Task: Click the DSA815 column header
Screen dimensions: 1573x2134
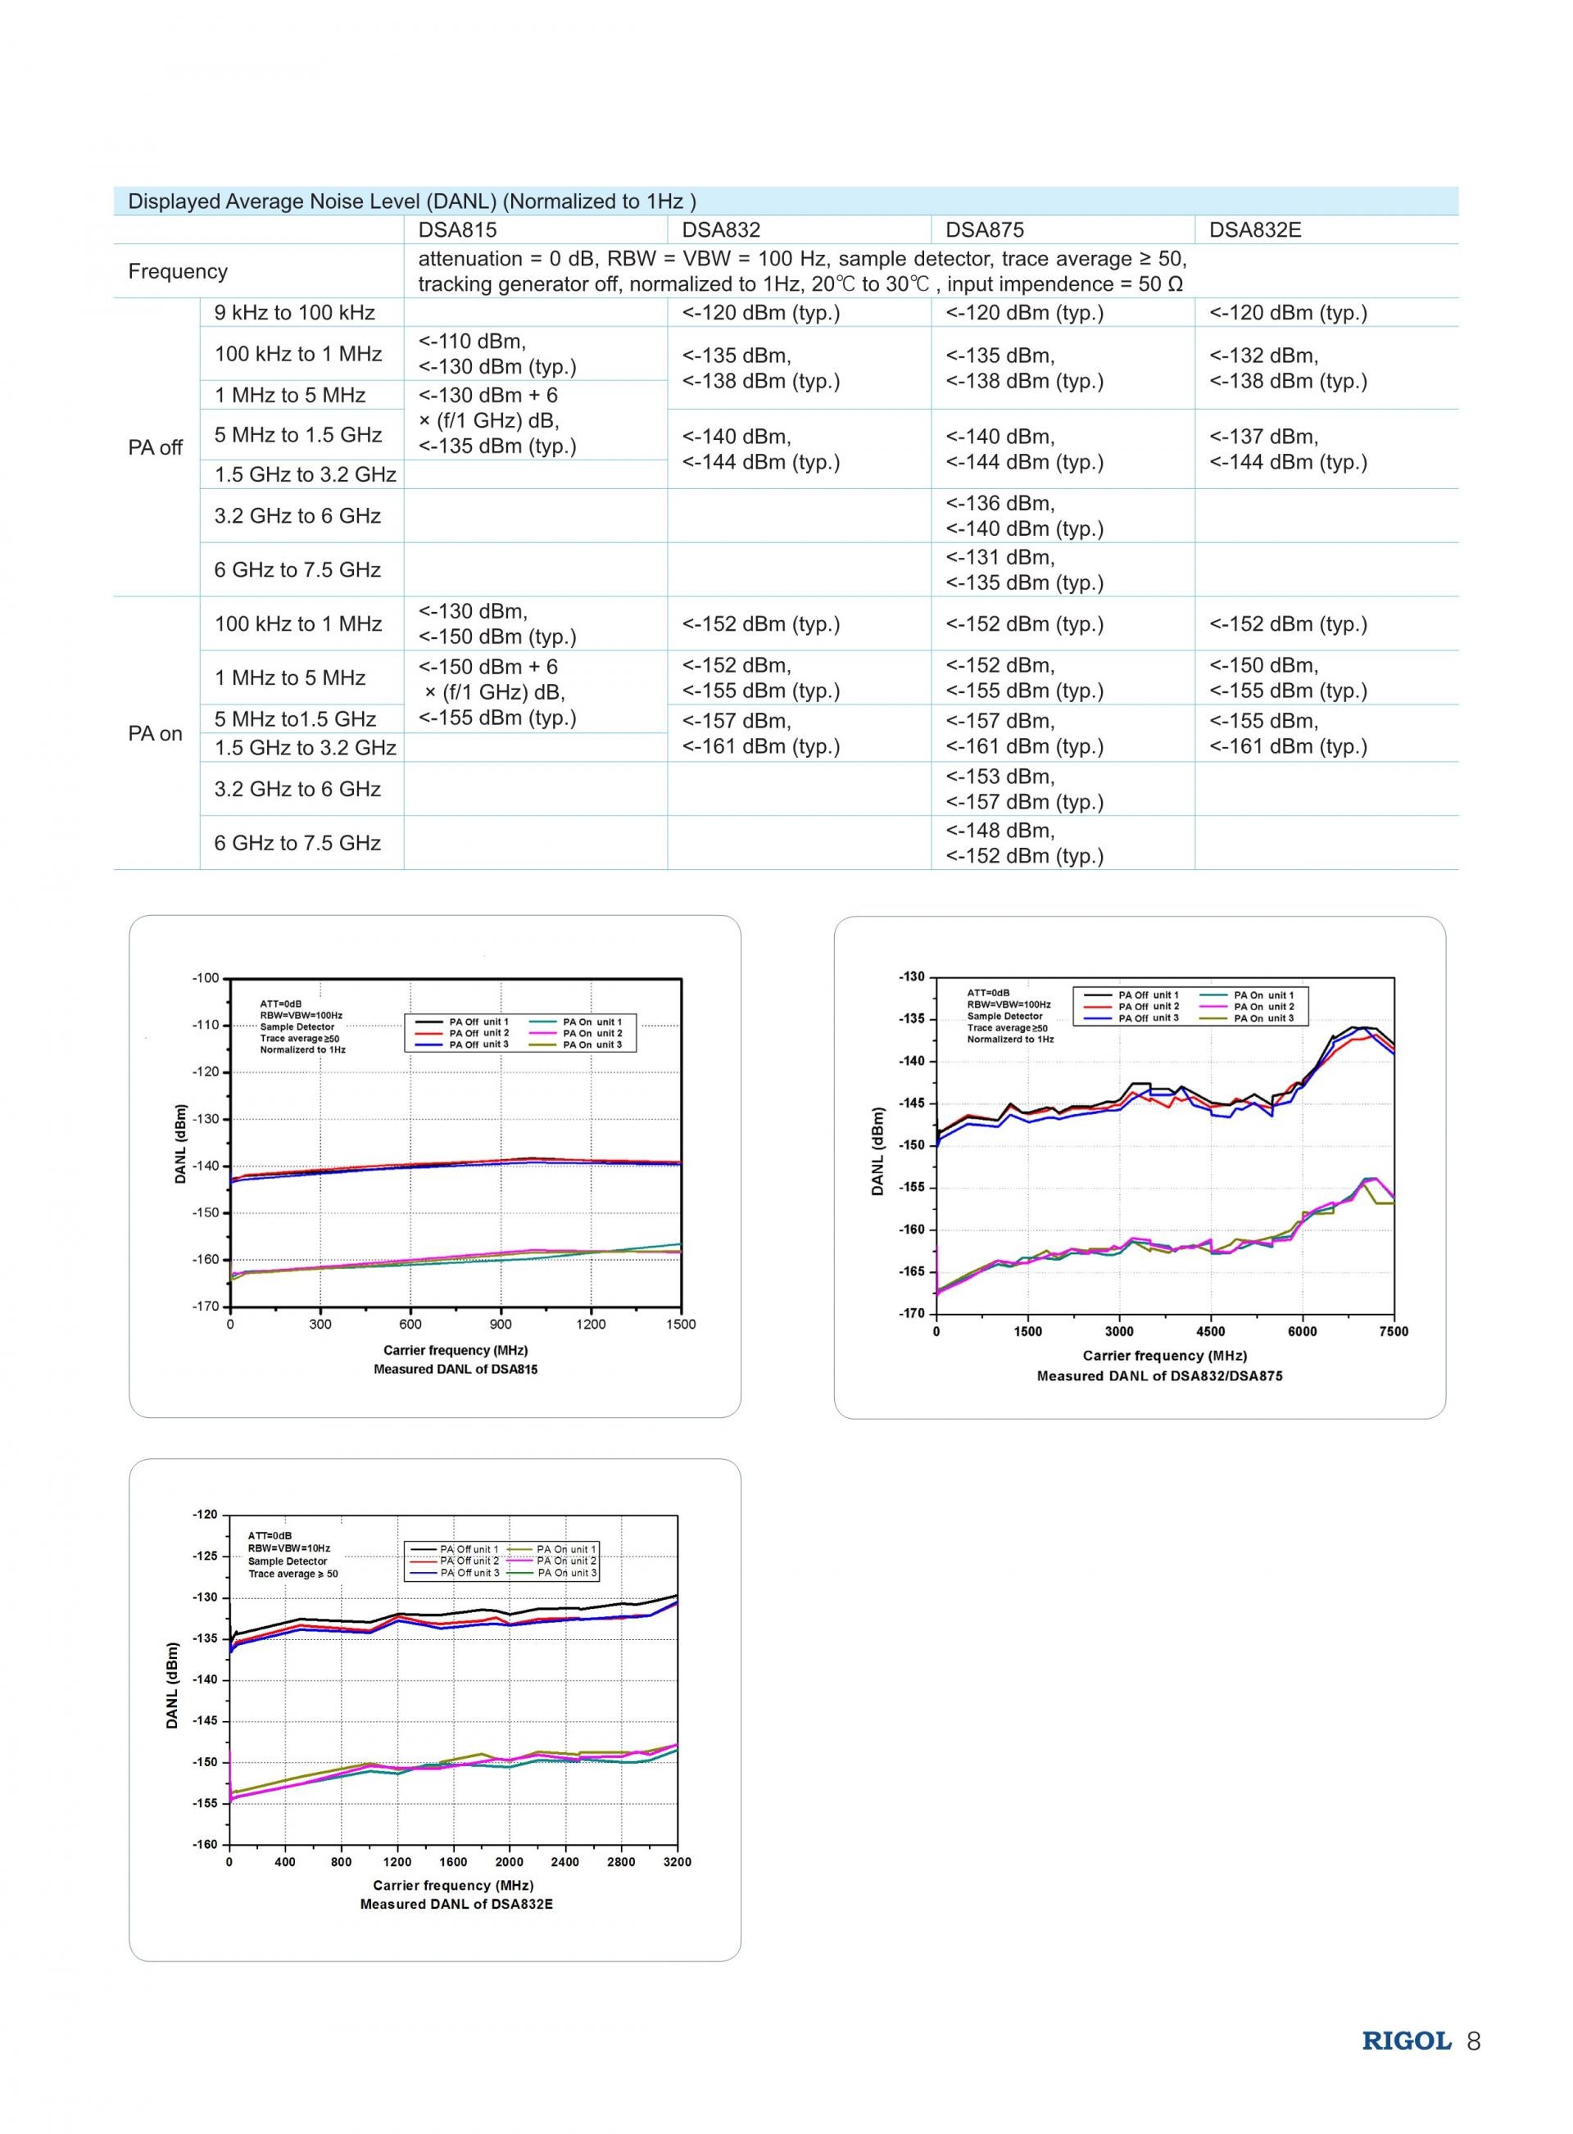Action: coord(457,229)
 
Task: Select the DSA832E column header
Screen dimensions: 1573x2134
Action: coord(1255,229)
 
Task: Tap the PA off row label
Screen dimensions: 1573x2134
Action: coord(155,447)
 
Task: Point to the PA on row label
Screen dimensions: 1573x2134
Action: coord(155,733)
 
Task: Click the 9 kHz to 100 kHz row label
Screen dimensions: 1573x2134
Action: coord(294,312)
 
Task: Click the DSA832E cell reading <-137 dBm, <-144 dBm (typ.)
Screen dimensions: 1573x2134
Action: coord(1288,449)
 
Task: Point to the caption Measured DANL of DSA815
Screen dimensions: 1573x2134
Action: coord(456,1369)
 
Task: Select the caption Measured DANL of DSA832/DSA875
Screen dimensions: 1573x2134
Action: coord(1160,1375)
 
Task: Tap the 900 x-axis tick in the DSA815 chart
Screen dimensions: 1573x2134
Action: coord(501,1324)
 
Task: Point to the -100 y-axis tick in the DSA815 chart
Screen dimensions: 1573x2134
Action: coord(206,977)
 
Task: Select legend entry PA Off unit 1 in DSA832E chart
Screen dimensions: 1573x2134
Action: coord(453,1548)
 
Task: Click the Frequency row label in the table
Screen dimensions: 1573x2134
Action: coord(178,271)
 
